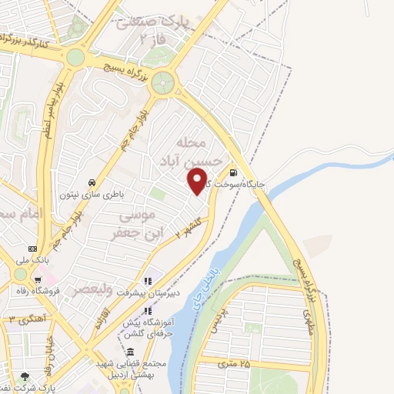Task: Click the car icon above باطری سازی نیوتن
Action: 92,182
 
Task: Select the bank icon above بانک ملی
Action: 32,249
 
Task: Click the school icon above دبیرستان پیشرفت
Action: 149,281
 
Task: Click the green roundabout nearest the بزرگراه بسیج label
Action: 162,84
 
